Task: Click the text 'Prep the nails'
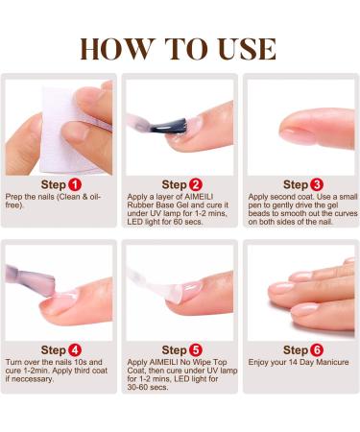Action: point(29,197)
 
